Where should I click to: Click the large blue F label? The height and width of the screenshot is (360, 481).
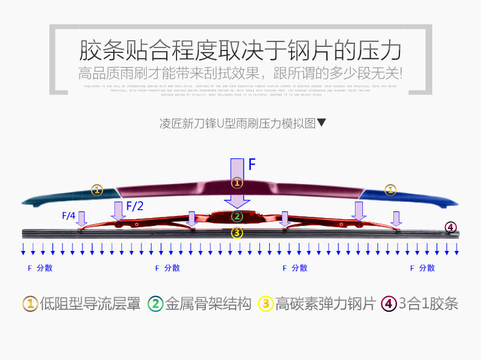(x=252, y=164)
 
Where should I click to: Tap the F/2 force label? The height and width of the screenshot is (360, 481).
(x=135, y=206)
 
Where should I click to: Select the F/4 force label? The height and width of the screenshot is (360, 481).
(x=69, y=216)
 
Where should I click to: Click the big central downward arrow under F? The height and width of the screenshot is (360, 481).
(x=237, y=183)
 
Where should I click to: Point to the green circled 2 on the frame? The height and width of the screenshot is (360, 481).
(x=237, y=216)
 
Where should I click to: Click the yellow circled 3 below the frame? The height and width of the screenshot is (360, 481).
(x=237, y=233)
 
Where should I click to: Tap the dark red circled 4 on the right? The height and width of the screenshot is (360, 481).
(x=451, y=228)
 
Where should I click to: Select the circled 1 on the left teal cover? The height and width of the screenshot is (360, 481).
(x=97, y=189)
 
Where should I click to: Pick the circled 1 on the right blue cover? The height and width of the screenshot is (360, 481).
(x=390, y=190)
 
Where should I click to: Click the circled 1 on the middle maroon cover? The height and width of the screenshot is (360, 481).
(x=237, y=182)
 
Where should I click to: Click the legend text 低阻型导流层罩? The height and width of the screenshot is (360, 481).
(x=90, y=303)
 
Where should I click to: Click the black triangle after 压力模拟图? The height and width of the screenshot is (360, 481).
(x=322, y=122)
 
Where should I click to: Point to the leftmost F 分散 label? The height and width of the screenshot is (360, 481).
(x=40, y=268)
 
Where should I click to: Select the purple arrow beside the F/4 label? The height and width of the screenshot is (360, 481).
(x=82, y=217)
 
